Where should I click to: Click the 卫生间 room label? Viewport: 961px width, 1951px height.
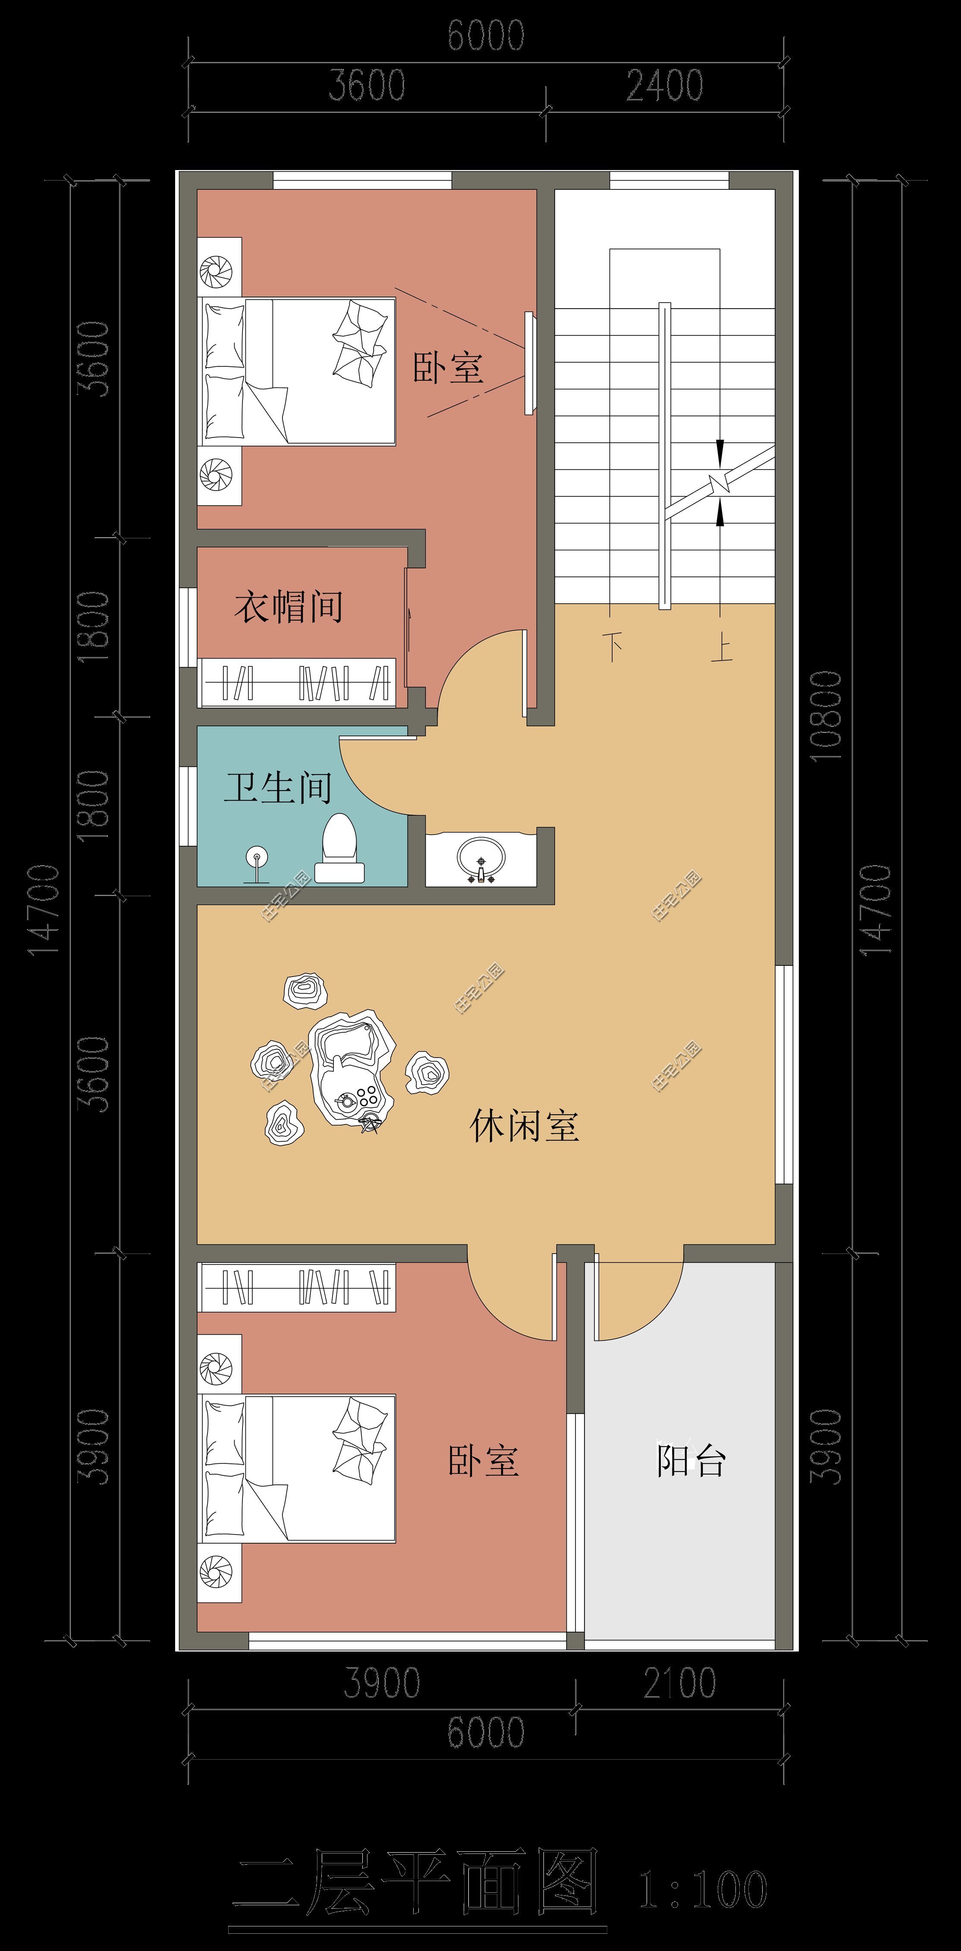[x=277, y=788]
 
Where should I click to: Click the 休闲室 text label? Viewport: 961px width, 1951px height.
[x=524, y=1126]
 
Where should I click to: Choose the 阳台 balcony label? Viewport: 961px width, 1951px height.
[x=691, y=1460]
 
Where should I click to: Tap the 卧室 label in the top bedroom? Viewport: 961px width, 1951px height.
[x=448, y=367]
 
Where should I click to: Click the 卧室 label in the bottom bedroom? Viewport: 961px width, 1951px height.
[x=483, y=1460]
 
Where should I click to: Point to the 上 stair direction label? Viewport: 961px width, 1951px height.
[x=721, y=649]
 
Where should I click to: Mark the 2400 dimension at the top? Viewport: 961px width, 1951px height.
[x=664, y=85]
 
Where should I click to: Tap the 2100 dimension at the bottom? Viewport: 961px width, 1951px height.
[x=679, y=1683]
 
